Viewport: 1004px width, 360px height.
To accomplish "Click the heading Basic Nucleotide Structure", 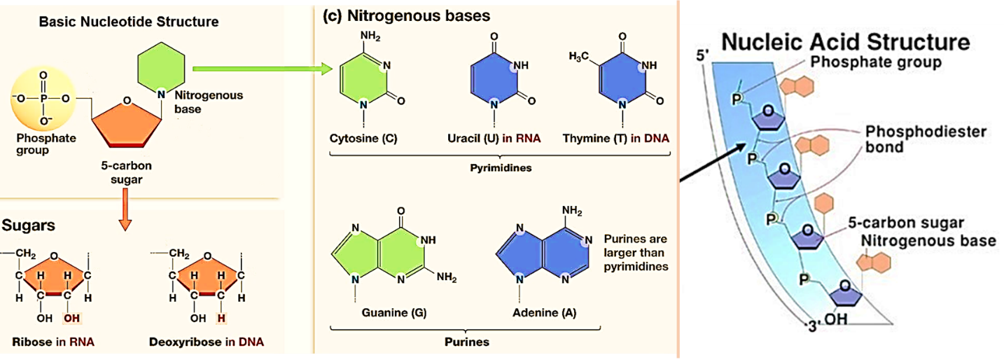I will (x=129, y=22).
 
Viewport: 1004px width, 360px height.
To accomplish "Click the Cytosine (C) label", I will (x=363, y=138).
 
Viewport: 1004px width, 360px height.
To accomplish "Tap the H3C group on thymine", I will (x=579, y=55).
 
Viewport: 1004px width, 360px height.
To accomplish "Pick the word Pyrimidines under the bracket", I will (x=499, y=169).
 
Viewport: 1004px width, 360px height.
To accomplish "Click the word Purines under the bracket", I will (x=467, y=342).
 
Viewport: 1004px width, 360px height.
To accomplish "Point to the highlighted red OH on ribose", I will (x=71, y=319).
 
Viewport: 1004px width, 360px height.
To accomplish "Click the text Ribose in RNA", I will (x=53, y=342).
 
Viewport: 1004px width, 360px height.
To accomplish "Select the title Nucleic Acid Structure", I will (x=845, y=41).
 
